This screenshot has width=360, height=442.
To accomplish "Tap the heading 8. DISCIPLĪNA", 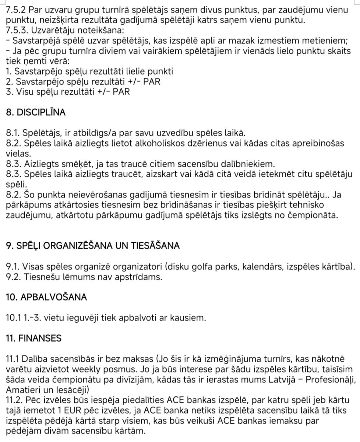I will coord(36,112).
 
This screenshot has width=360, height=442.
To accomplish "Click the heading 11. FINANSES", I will coord(33,338).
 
